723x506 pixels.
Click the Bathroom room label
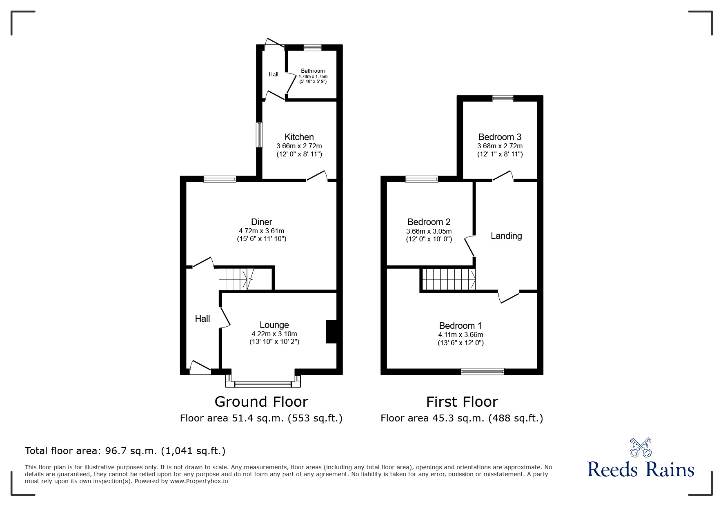click(x=313, y=71)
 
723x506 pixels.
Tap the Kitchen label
click(x=299, y=137)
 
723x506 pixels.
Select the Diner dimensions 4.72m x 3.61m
click(x=261, y=231)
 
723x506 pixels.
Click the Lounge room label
click(x=274, y=325)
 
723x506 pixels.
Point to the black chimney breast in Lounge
click(x=331, y=332)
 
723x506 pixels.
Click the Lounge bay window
click(x=263, y=383)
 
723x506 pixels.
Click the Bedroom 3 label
click(x=500, y=137)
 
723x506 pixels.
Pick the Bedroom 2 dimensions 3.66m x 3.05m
click(x=429, y=231)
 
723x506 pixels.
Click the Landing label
click(x=506, y=236)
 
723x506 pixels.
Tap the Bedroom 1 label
click(x=460, y=325)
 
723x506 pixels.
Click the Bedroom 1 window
click(x=482, y=371)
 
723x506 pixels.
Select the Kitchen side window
click(x=259, y=135)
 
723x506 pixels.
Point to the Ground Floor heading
click(x=261, y=401)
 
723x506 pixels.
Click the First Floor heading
click(x=462, y=401)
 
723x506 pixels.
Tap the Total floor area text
click(x=125, y=451)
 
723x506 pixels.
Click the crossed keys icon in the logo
click(x=640, y=447)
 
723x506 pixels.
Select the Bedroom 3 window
click(x=503, y=98)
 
